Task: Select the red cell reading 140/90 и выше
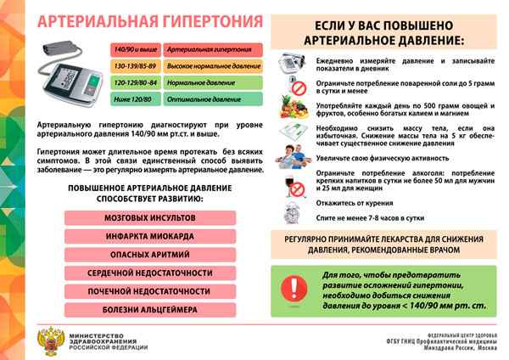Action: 135,51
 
